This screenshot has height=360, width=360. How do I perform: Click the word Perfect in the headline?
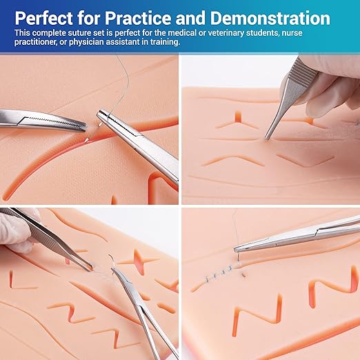tap(43, 18)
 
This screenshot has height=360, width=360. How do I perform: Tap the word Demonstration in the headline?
tap(270, 18)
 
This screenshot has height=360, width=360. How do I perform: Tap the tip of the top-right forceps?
tap(267, 139)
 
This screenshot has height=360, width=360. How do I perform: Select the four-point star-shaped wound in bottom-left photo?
tap(139, 261)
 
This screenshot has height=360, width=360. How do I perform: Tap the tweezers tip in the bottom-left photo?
tap(91, 268)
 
